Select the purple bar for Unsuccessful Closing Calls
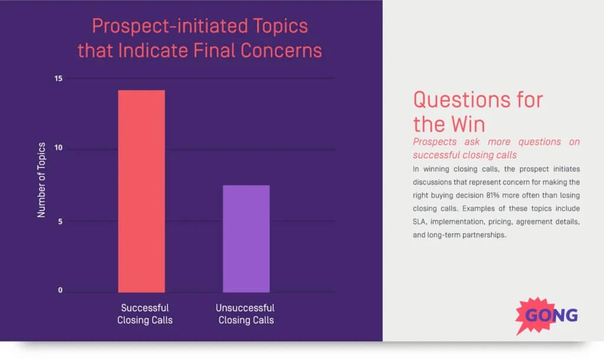(246, 238)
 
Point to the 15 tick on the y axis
(57, 78)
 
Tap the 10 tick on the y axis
(57, 149)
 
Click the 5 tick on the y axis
(60, 221)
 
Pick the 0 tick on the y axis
(60, 290)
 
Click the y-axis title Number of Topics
(41, 180)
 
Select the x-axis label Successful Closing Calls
(145, 314)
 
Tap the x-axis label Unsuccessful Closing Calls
(245, 314)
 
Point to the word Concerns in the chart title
(283, 50)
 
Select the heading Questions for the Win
(478, 111)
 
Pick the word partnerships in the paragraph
(486, 235)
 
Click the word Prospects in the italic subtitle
(434, 142)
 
